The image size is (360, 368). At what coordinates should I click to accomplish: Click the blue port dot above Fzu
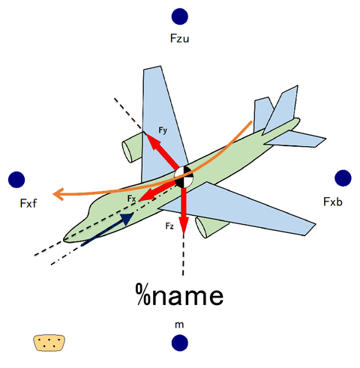coord(180,16)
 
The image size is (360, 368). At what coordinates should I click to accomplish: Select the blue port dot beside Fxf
coord(16,179)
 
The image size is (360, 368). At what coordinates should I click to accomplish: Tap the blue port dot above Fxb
coord(343,178)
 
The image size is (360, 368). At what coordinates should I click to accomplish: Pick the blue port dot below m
coord(180,343)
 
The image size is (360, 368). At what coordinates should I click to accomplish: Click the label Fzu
coord(179,38)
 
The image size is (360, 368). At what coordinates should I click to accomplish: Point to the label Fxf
coord(28,203)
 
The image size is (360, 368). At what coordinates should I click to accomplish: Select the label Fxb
coord(333,202)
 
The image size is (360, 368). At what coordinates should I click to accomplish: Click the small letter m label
coord(179,325)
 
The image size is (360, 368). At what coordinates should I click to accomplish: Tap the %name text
coord(179,295)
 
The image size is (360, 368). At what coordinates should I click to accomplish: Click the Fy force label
coord(163,130)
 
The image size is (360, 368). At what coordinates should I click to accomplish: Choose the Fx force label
coord(131,199)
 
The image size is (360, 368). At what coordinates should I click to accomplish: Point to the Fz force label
coord(169,226)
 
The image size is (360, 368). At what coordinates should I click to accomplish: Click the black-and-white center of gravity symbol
coord(184,177)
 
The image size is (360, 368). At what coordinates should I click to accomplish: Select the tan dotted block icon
coord(49,343)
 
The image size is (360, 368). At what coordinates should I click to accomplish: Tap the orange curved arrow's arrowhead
coord(58,194)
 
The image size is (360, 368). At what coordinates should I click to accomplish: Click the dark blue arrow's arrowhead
coord(127,219)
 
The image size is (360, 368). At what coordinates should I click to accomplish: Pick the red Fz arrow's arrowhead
coord(184,226)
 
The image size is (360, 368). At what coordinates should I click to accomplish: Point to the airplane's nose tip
coord(64,239)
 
